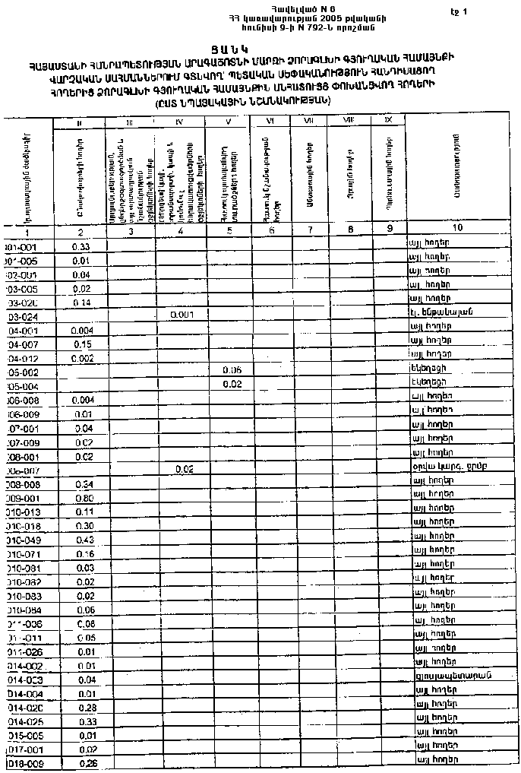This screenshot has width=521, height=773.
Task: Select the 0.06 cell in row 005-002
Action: click(232, 369)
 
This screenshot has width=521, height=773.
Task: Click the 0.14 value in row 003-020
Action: click(81, 302)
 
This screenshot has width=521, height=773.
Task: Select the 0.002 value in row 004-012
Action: click(82, 358)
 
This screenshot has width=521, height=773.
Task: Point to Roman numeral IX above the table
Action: click(388, 121)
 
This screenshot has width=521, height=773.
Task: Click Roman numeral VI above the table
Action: click(270, 121)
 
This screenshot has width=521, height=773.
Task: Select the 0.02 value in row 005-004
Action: click(232, 384)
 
